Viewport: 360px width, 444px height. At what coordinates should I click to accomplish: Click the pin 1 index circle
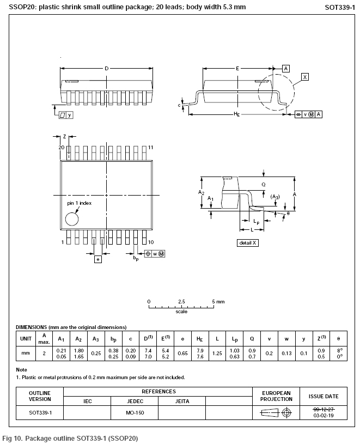click(71, 219)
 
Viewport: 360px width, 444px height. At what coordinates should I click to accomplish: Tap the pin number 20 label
click(62, 148)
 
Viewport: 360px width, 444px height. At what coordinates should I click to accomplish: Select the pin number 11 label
click(150, 148)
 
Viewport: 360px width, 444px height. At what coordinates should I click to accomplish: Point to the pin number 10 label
click(150, 242)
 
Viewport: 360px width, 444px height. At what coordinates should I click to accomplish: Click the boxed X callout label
click(305, 77)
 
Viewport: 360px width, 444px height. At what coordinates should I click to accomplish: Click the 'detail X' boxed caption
click(248, 242)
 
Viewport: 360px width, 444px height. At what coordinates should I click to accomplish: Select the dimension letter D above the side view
click(106, 69)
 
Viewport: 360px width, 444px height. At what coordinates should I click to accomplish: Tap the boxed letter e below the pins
click(98, 259)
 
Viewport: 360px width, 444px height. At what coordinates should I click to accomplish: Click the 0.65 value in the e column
click(182, 353)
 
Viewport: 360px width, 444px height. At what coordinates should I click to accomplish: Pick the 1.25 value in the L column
click(217, 353)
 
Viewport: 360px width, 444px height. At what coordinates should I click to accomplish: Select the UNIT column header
click(26, 338)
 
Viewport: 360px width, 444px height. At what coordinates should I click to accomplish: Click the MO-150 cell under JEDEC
click(134, 412)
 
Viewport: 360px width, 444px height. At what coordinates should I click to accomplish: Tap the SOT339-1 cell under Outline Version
click(40, 412)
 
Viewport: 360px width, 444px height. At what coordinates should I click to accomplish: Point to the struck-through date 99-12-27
click(324, 409)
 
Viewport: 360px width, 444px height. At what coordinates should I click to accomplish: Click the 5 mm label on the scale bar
click(218, 301)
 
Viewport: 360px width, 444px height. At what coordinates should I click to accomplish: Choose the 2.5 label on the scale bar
click(181, 301)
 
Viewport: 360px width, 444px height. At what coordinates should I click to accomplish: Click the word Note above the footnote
click(21, 370)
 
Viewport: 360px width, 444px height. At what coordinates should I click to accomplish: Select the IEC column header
click(87, 400)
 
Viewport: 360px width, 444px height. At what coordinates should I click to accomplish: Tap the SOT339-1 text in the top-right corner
click(339, 8)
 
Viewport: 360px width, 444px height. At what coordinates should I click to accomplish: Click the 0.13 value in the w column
click(286, 353)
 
